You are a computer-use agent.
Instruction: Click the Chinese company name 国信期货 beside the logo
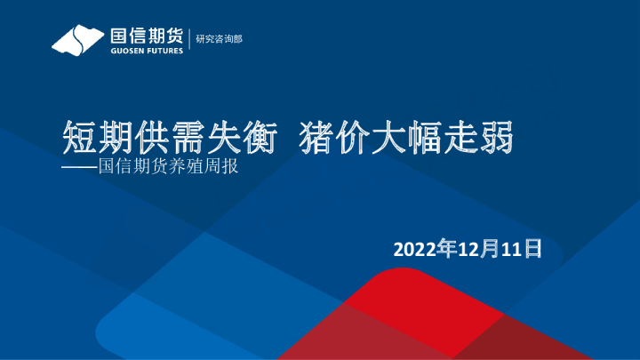point(146,36)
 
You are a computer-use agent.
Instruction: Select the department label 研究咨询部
point(219,39)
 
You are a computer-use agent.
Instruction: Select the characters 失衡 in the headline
point(227,140)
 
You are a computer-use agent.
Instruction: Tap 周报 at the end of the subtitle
point(223,165)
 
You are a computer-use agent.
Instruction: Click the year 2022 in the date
point(415,248)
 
